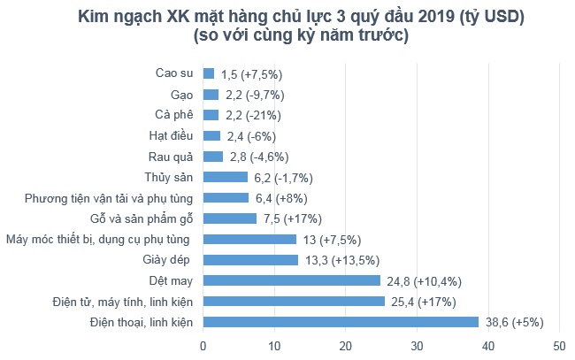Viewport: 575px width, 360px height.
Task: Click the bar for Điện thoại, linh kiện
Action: [341, 322]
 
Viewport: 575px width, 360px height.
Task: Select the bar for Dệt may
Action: [292, 280]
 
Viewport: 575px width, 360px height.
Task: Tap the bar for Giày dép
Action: [250, 259]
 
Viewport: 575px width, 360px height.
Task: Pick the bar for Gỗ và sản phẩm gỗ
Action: [230, 218]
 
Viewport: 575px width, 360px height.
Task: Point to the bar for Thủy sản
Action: [226, 177]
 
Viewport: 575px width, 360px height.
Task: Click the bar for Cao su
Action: [209, 73]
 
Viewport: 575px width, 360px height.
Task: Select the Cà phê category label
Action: [173, 114]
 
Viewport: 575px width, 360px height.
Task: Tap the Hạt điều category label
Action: [171, 135]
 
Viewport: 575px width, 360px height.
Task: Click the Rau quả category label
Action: [172, 156]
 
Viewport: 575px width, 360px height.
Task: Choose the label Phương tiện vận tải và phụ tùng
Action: [114, 197]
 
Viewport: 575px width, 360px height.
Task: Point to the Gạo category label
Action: [180, 94]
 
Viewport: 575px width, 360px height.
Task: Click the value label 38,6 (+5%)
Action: [519, 323]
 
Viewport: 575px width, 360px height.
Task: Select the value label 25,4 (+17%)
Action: [430, 302]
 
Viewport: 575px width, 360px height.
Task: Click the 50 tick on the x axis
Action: [558, 345]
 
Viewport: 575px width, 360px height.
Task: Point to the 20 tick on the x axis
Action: [346, 345]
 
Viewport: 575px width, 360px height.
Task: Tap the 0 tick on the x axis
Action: [203, 345]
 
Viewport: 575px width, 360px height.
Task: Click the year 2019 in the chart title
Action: [378, 16]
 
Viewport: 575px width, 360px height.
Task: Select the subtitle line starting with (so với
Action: [300, 36]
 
